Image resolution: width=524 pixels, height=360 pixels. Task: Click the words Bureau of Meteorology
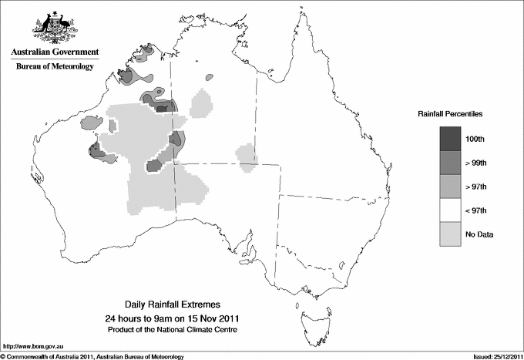(x=55, y=67)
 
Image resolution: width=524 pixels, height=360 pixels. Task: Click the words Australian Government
(x=55, y=52)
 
